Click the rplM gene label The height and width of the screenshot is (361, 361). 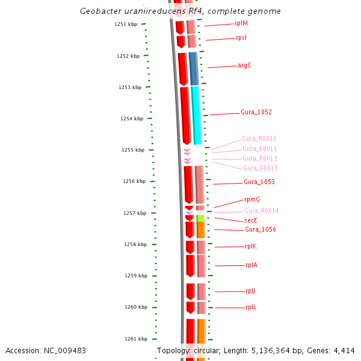pos(241,23)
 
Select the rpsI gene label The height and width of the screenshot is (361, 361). pos(241,38)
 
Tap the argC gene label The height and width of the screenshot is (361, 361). pos(244,66)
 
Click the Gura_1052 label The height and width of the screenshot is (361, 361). pos(256,113)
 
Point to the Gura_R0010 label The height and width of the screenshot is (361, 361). pos(259,139)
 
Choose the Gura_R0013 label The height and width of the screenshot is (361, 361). pos(261,168)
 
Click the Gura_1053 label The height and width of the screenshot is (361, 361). pos(259,182)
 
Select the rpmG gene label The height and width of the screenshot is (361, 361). pos(252,200)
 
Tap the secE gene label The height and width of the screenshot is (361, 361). pos(251,220)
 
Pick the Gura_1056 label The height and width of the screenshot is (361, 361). pos(261,230)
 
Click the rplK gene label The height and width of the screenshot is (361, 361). pos(251,247)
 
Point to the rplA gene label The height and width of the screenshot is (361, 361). pos(251,265)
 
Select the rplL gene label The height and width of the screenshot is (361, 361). pos(251,307)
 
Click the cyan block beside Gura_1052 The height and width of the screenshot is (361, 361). pos(196,114)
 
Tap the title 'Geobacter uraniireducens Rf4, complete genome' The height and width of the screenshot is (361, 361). pos(180,11)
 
